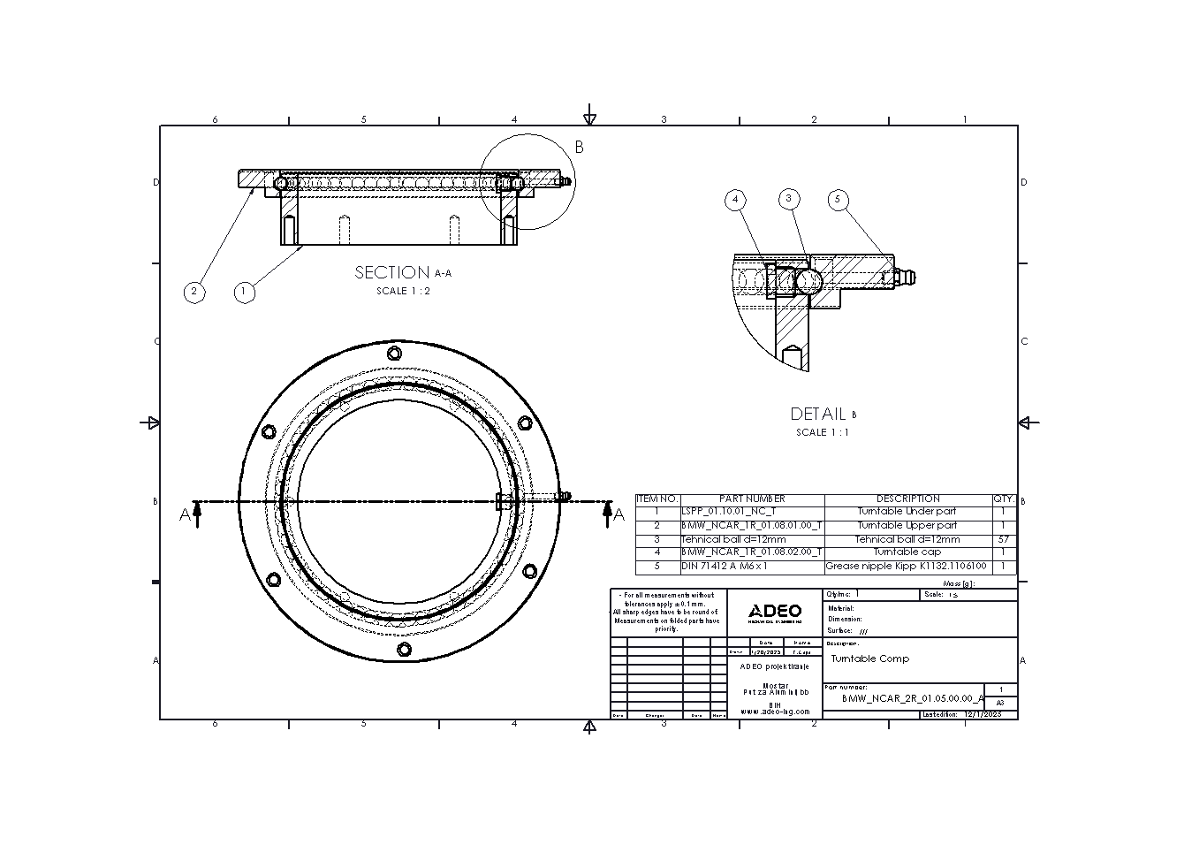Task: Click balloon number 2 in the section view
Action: pyautogui.click(x=194, y=292)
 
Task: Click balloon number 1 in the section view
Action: pyautogui.click(x=245, y=292)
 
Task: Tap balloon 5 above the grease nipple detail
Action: pyautogui.click(x=839, y=201)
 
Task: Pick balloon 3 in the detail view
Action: pyautogui.click(x=789, y=199)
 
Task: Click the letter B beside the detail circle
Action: pyautogui.click(x=580, y=148)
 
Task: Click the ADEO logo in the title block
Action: pyautogui.click(x=775, y=612)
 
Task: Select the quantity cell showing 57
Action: pyautogui.click(x=1003, y=539)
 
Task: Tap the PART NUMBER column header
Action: pyautogui.click(x=752, y=499)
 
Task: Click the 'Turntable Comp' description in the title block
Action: pyautogui.click(x=870, y=659)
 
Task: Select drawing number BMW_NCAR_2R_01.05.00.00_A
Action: pyautogui.click(x=913, y=698)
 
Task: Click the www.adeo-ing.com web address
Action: pyautogui.click(x=775, y=712)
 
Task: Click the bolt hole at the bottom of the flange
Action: pyautogui.click(x=404, y=650)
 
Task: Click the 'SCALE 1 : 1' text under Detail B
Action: pyautogui.click(x=823, y=433)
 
